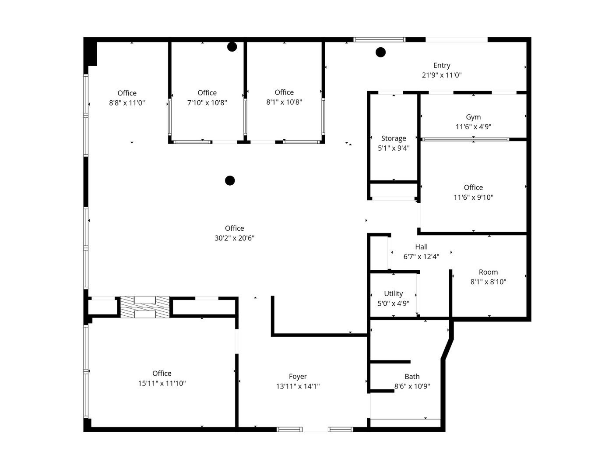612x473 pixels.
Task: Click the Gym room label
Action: pyautogui.click(x=473, y=117)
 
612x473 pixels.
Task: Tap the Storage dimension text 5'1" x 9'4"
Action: pyautogui.click(x=394, y=148)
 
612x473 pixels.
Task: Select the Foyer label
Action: pyautogui.click(x=298, y=376)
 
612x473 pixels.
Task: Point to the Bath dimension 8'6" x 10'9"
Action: pyautogui.click(x=412, y=386)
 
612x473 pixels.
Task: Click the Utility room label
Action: pyautogui.click(x=393, y=293)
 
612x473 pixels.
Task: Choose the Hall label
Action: pyautogui.click(x=421, y=247)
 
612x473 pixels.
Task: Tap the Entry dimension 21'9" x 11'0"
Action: pyautogui.click(x=441, y=75)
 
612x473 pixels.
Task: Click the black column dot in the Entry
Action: pyautogui.click(x=380, y=52)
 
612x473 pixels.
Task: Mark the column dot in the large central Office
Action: pyautogui.click(x=230, y=180)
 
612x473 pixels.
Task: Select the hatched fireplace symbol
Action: pyautogui.click(x=145, y=307)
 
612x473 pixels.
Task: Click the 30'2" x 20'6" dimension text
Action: pyautogui.click(x=234, y=238)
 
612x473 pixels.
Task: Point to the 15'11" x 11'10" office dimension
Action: pyautogui.click(x=162, y=383)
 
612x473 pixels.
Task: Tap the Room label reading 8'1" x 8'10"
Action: pyautogui.click(x=488, y=272)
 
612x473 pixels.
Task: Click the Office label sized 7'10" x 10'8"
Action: pyautogui.click(x=207, y=93)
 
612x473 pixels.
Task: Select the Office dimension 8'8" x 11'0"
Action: pyautogui.click(x=127, y=103)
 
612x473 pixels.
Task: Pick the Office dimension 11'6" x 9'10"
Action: pyautogui.click(x=473, y=198)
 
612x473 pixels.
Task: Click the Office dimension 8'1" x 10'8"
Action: pyautogui.click(x=284, y=102)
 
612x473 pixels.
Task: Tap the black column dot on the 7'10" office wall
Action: pyautogui.click(x=232, y=47)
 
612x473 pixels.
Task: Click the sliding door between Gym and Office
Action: pyautogui.click(x=465, y=139)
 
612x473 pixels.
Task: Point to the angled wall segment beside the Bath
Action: pyautogui.click(x=448, y=349)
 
